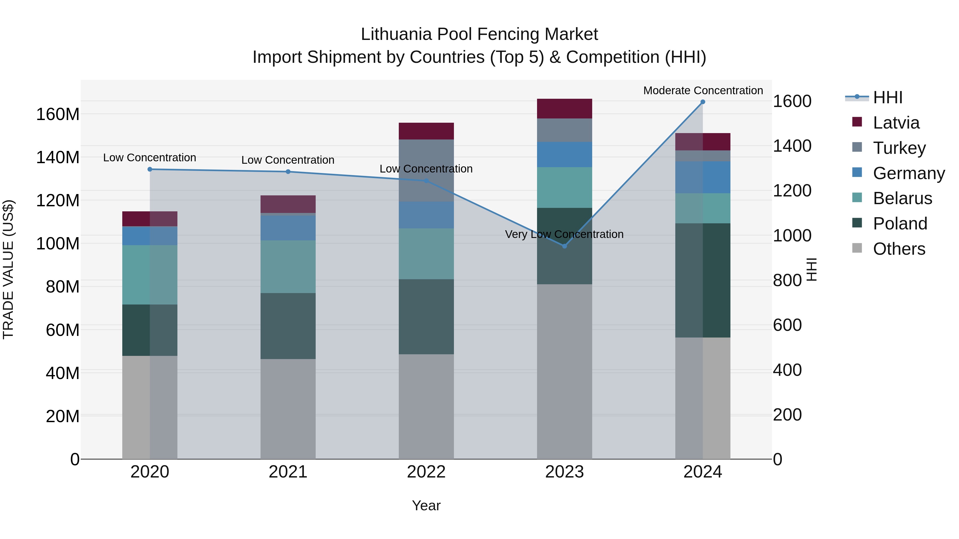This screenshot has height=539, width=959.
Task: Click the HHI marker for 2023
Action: [564, 246]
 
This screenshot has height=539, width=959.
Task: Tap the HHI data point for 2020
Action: [150, 169]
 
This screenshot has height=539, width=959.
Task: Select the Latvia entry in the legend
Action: [896, 123]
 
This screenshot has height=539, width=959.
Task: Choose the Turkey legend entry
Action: [899, 148]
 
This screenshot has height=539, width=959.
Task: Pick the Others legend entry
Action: [899, 249]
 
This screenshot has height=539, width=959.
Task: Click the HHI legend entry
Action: [888, 97]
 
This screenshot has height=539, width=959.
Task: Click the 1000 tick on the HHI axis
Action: [792, 236]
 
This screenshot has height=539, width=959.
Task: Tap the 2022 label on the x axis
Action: [426, 472]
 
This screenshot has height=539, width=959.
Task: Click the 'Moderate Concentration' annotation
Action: [703, 90]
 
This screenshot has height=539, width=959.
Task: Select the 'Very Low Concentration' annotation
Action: [564, 234]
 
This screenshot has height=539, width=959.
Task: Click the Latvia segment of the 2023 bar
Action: [564, 109]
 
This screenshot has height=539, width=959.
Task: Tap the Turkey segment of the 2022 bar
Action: [426, 171]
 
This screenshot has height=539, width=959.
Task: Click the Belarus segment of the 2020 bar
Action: [150, 275]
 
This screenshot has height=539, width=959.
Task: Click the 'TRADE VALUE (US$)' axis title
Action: [8, 269]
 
